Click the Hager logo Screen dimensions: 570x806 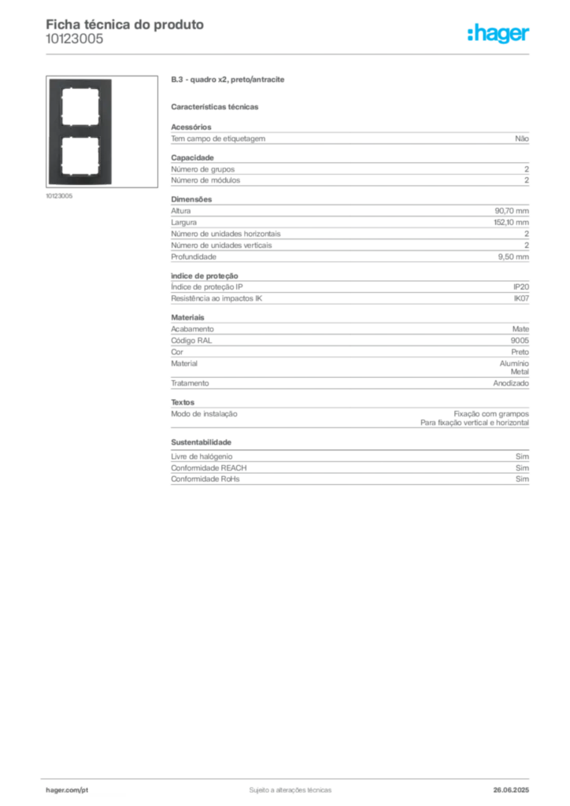point(498,34)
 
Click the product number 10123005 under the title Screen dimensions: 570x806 point(75,39)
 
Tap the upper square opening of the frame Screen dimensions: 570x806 point(80,106)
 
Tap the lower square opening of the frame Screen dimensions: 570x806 point(80,157)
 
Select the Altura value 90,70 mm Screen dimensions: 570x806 point(512,211)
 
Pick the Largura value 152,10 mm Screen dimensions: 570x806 point(512,223)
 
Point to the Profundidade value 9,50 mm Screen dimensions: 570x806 point(513,257)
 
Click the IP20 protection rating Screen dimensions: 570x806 point(521,287)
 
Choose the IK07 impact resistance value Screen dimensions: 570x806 point(521,298)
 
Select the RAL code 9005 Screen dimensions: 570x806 point(520,340)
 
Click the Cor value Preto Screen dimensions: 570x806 point(520,352)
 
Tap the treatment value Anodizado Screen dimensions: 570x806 point(511,383)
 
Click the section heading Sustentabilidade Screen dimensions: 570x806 point(201,442)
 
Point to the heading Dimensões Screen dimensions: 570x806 point(191,199)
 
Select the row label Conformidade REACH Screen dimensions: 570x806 point(209,468)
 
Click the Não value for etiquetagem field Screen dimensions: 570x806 point(522,139)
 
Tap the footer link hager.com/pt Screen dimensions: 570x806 point(67,790)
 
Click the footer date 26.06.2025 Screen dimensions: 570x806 point(511,790)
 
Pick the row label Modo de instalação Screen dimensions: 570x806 point(204,414)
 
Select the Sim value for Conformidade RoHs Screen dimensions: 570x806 point(522,479)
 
